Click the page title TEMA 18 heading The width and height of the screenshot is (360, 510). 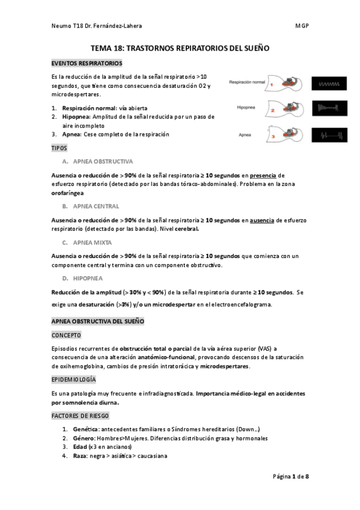coord(180,48)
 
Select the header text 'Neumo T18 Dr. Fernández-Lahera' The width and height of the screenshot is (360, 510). coord(97,26)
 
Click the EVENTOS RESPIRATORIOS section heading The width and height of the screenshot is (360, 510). coord(87,63)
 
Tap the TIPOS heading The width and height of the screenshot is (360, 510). coord(59,147)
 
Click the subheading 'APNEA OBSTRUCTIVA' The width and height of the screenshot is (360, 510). coord(103,162)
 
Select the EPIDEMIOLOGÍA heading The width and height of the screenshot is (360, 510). coord(74,379)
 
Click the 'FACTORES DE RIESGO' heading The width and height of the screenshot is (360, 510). coord(81,416)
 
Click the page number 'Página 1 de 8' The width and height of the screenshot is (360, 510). coord(291,476)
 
